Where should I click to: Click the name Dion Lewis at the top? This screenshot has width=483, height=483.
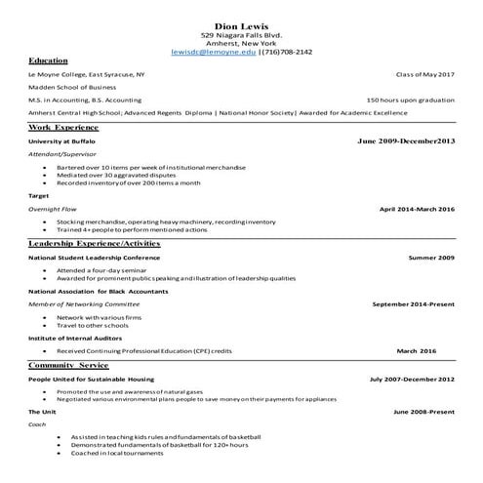click(x=241, y=24)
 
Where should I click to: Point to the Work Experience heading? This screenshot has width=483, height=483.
click(x=63, y=127)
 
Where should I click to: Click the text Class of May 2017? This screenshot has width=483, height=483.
click(x=424, y=74)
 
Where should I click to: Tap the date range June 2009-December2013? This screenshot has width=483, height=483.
click(x=406, y=141)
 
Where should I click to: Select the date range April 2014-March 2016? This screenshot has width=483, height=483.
click(x=417, y=209)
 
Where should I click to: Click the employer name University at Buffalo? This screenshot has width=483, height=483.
click(x=62, y=141)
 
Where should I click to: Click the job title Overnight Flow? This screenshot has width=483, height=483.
click(x=53, y=209)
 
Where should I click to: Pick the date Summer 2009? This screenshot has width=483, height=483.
click(x=431, y=257)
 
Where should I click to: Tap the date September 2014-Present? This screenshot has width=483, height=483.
click(x=413, y=303)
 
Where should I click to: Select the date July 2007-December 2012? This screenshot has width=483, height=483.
click(x=412, y=379)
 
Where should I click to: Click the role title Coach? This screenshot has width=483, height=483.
click(x=37, y=423)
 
